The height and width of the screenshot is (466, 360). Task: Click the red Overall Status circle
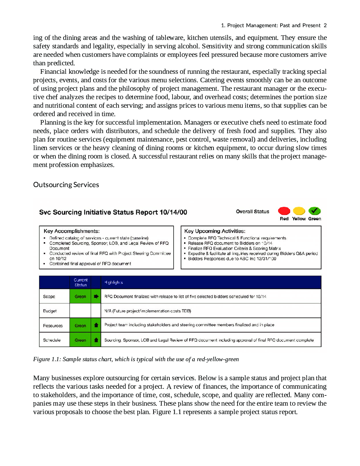284,211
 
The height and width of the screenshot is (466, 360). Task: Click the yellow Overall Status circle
299,211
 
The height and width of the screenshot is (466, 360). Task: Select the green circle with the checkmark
314,211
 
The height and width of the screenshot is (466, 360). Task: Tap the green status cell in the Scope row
80,297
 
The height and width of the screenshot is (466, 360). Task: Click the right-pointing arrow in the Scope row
96,297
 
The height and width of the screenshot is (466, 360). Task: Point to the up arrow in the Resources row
96,325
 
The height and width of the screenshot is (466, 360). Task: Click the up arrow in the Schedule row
96,340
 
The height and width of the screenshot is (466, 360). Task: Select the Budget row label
50,311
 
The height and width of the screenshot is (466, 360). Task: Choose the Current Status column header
80,282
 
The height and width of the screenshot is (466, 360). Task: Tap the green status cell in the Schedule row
80,340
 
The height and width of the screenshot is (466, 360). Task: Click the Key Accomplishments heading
72,231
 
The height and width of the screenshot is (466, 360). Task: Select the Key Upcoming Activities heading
215,231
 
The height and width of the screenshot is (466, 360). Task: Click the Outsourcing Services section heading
66,185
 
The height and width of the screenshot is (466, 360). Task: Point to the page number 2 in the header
325,25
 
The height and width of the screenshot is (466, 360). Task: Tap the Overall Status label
252,211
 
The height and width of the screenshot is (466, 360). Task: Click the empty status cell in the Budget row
80,311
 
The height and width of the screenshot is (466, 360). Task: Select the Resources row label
53,325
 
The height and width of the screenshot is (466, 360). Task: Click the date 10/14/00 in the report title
173,212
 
